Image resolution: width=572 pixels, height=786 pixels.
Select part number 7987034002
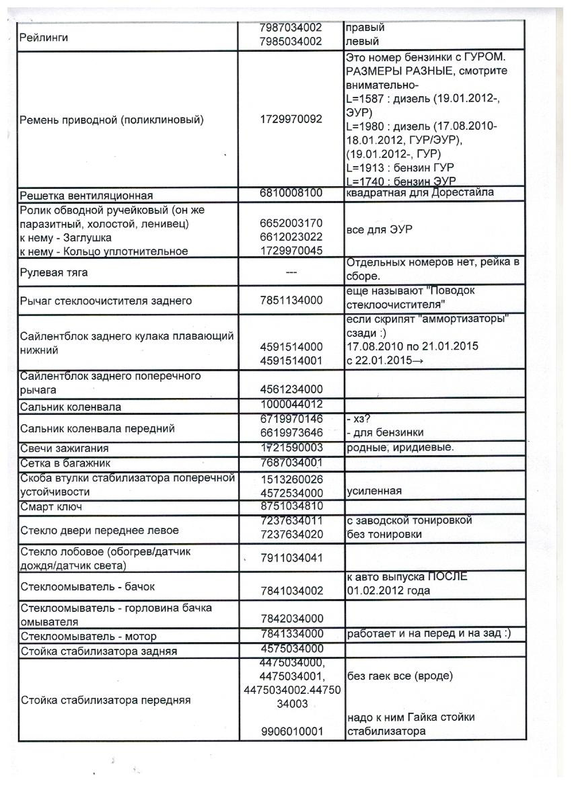click(x=291, y=28)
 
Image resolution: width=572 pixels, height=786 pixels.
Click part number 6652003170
click(x=291, y=223)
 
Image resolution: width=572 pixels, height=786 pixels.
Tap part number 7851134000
click(x=291, y=301)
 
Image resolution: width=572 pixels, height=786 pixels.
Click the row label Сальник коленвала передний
click(x=98, y=428)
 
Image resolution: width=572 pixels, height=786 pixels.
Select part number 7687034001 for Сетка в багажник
click(x=291, y=463)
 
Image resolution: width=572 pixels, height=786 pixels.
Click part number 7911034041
click(x=291, y=557)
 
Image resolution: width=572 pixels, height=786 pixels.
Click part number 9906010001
click(x=291, y=732)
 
